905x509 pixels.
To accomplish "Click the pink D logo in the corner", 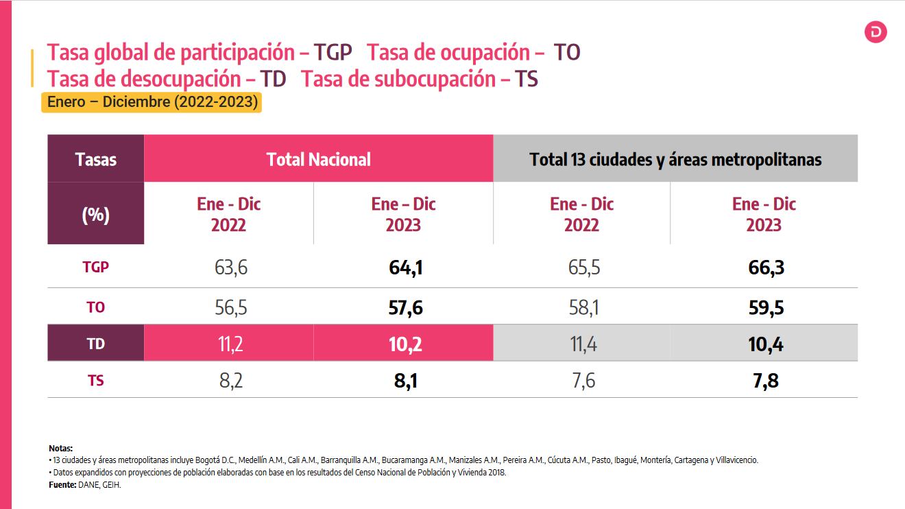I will tap(876, 32).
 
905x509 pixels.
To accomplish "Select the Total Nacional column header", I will tap(319, 160).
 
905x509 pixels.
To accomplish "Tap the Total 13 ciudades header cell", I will tap(675, 160).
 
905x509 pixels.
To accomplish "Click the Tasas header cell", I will tap(96, 160).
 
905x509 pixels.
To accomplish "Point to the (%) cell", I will tap(96, 215).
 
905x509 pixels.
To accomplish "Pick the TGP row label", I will tap(96, 268).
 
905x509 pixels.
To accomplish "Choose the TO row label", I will tap(96, 308).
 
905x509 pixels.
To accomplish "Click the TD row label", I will tap(96, 344).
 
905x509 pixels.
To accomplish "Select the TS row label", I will tap(96, 379).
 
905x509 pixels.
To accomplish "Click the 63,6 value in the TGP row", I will tap(230, 268).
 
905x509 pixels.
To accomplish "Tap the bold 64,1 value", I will tap(405, 268).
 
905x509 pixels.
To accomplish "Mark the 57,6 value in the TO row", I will tap(405, 308).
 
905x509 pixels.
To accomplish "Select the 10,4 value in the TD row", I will tap(766, 344).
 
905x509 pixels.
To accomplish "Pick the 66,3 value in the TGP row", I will tap(766, 268).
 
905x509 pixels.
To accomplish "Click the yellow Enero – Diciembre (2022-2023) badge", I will tap(152, 103).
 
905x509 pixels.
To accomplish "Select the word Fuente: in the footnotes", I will tap(62, 484).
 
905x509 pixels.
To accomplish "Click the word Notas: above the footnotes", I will tap(60, 448).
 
